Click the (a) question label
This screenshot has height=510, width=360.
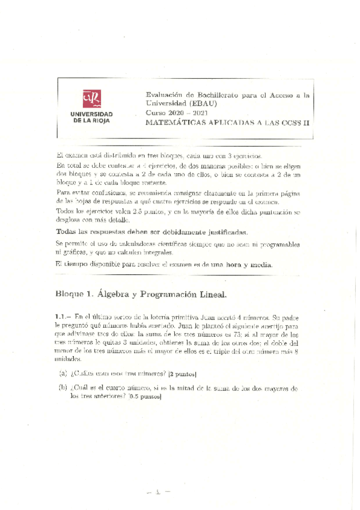(x=63, y=373)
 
